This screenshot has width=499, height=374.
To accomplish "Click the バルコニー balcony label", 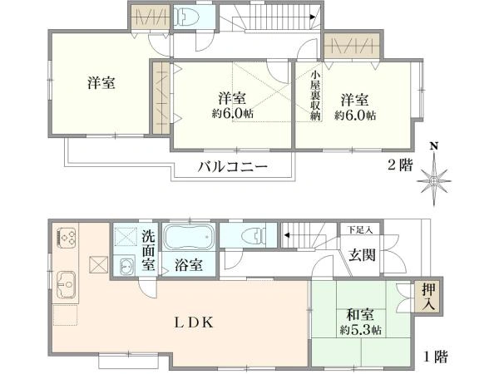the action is pos(232,166).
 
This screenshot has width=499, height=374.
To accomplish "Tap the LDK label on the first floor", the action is pos(194,322).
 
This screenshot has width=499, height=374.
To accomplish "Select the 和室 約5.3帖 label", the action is pos(360,322).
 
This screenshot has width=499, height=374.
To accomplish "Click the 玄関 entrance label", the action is pos(362,255).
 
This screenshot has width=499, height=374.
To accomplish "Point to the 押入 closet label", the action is pos(428,297).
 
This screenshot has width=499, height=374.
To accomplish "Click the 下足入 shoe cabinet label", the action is pos(360,229).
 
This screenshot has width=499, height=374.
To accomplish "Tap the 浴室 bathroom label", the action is pos(189,265).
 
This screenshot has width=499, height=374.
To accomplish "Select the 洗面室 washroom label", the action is pos(148,251).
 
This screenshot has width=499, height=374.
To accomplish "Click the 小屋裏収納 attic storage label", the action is pos(315,96).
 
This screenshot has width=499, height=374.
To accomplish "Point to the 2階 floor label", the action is pos(400,165).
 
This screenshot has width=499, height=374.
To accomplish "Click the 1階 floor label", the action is pos(436,357).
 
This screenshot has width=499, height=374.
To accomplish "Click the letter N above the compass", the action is pos(433,146).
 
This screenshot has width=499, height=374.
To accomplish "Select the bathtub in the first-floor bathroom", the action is pos(188,236).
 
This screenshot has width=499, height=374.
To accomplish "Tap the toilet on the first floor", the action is pos(254,235).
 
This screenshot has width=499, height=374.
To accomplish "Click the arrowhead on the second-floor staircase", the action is pos(313,17).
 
